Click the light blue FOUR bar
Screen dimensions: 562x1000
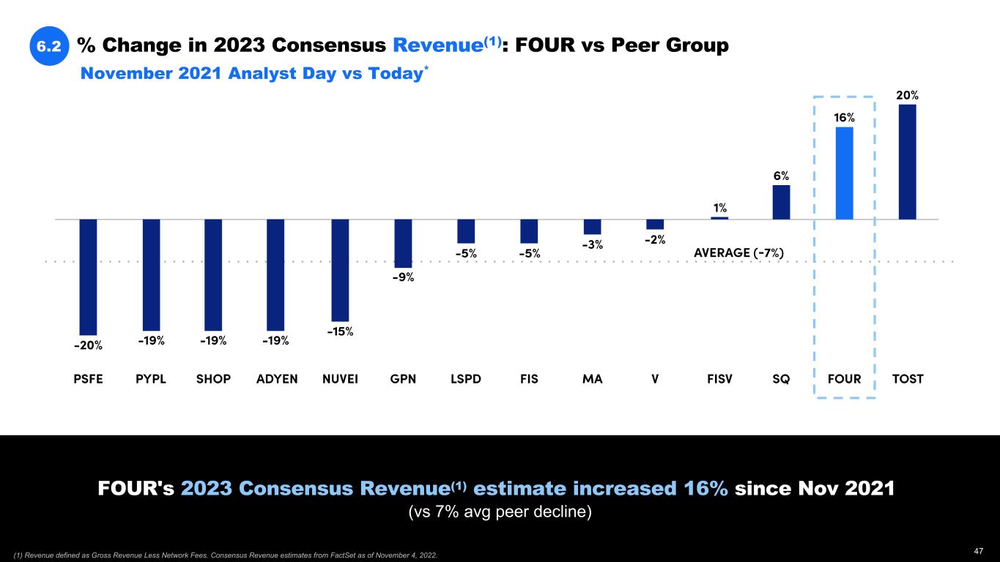pos(844,173)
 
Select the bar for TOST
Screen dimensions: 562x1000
pos(907,162)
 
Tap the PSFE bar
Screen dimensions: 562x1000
pos(88,277)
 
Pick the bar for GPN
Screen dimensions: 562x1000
pos(403,243)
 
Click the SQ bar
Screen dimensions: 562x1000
pos(781,202)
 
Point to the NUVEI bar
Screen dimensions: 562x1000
pos(340,270)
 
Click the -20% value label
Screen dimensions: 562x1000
pos(88,346)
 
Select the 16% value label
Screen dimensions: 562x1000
pos(844,118)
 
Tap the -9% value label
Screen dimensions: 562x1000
pos(403,277)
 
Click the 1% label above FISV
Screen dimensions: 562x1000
pos(719,208)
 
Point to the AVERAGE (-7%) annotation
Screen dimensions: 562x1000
pos(738,253)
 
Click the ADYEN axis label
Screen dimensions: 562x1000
pos(277,379)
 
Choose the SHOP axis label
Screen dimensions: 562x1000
pos(213,379)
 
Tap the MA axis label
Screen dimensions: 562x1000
pos(592,379)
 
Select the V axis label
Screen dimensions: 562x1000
pos(655,379)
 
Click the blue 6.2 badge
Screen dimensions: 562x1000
pos(49,46)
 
